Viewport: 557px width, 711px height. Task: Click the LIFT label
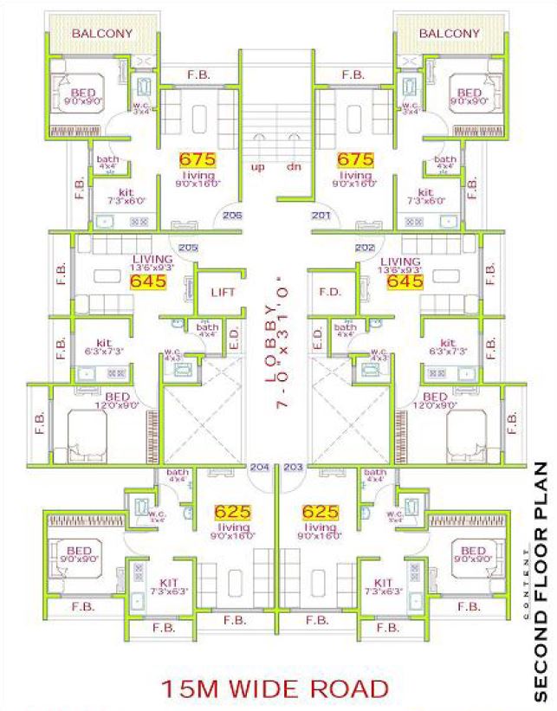tap(223, 292)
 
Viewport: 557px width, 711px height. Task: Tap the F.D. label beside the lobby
tap(329, 292)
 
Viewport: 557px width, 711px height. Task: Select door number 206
tap(232, 216)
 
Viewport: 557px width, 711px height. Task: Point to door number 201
tap(320, 216)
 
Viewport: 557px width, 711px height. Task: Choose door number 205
tap(188, 247)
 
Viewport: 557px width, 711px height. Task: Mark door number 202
tap(365, 247)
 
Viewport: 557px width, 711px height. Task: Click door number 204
tap(260, 467)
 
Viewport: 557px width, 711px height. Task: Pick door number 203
tap(293, 467)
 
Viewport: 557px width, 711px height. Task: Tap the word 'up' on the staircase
tap(257, 167)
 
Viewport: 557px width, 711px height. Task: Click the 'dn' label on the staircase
tap(294, 167)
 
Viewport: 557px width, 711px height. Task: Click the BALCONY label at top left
tap(102, 34)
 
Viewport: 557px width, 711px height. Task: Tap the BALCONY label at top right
tap(450, 34)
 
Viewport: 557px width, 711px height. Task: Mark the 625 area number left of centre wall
tap(232, 511)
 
